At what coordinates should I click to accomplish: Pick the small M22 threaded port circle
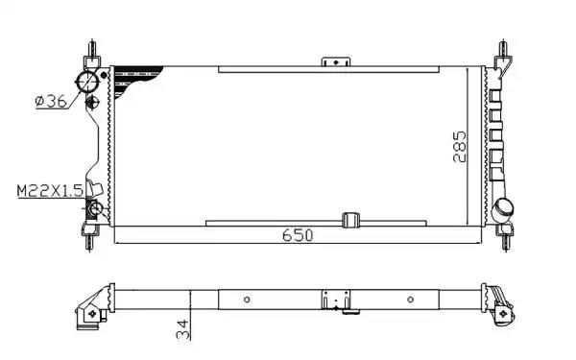coord(95,209)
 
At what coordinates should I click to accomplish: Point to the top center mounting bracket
coord(332,61)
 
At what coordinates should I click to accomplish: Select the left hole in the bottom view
coord(249,299)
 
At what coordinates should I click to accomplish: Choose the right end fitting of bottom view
coord(503,304)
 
